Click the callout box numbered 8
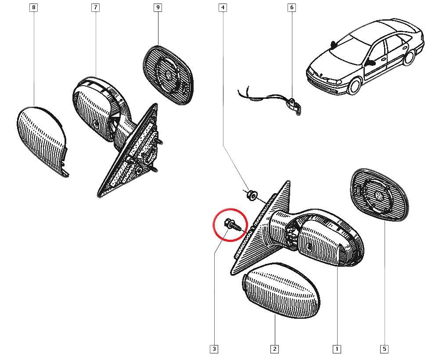point(34,7)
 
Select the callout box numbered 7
point(95,7)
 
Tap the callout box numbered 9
point(158,7)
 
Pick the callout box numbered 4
point(223,7)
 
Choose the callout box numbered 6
point(292,7)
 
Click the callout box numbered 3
point(214,349)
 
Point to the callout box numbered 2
point(275,349)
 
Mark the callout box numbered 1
point(337,349)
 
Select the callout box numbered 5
point(385,349)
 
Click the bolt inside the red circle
point(231,224)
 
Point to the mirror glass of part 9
point(168,76)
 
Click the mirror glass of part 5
point(379,195)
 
